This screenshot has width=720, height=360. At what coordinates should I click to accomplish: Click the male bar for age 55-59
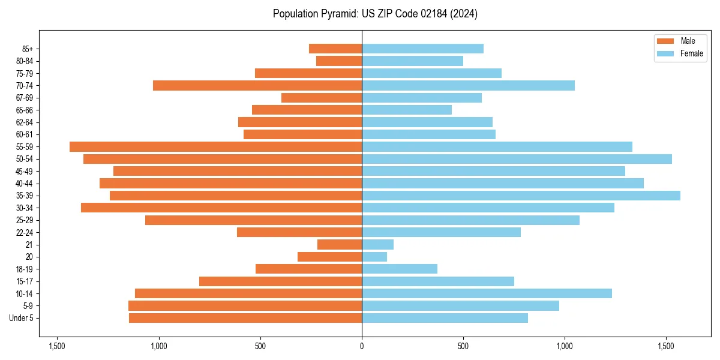coord(215,146)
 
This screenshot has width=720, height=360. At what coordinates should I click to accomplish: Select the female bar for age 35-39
coord(521,196)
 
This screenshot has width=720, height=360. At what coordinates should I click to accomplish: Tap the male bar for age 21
coord(340,244)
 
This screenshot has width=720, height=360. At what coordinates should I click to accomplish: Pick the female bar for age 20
coord(374,257)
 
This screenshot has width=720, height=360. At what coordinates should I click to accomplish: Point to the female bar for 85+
coord(422,49)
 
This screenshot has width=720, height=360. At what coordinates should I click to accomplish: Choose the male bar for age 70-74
coord(257,85)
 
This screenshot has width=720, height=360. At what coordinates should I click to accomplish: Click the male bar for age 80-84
coord(339,61)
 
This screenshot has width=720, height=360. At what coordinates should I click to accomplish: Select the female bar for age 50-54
coord(517,159)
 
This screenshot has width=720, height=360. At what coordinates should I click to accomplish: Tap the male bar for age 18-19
coord(308,269)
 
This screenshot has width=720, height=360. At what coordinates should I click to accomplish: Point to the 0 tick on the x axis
coord(362,347)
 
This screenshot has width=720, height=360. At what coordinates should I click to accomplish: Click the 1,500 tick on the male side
coord(57,347)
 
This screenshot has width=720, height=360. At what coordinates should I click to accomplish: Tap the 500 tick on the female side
coord(463,347)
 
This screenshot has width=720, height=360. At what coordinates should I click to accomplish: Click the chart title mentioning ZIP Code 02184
coord(375,14)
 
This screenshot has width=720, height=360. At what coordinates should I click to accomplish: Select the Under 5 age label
coord(22,318)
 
